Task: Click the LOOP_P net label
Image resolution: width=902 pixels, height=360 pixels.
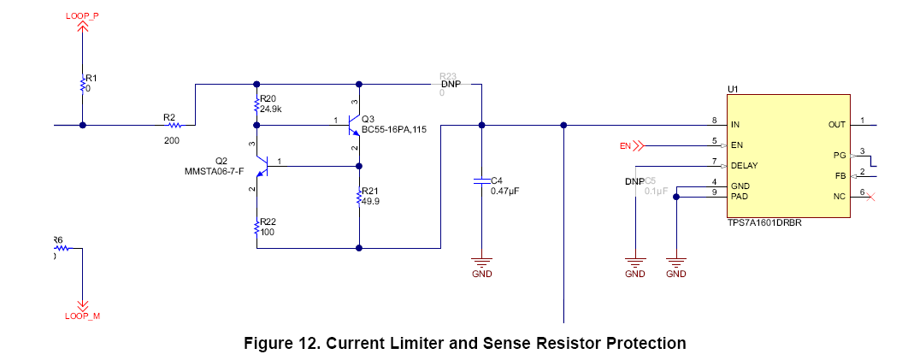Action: point(83,15)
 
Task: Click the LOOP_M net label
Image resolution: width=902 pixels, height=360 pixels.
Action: point(83,316)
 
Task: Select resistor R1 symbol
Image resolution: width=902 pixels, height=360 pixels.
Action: point(83,84)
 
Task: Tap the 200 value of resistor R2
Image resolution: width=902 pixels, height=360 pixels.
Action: point(171,139)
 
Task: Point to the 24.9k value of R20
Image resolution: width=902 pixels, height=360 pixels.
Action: point(272,109)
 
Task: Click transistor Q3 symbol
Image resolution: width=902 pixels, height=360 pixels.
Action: point(353,126)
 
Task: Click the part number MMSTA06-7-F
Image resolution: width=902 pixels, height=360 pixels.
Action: point(215,172)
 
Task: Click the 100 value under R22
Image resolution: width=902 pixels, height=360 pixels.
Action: point(267,232)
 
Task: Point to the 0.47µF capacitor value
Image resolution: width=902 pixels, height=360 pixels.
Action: point(504,192)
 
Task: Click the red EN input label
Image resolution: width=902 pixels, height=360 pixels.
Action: point(625,145)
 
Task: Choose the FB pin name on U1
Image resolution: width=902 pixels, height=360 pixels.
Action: point(840,175)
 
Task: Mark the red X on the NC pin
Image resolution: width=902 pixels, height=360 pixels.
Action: point(870,197)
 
